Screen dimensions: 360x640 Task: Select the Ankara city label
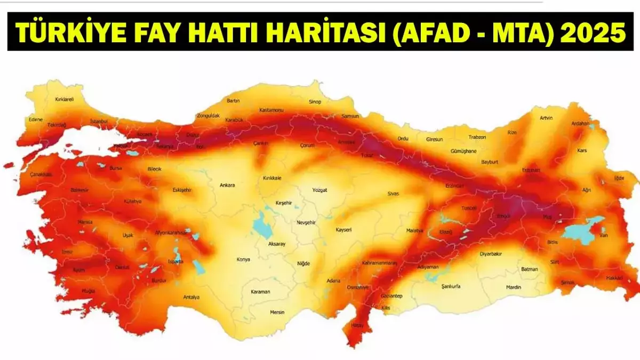pyautogui.click(x=227, y=186)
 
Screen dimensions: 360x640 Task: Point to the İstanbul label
pyautogui.click(x=99, y=122)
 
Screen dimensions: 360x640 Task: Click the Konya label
pyautogui.click(x=243, y=260)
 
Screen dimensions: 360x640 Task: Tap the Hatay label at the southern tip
pyautogui.click(x=357, y=325)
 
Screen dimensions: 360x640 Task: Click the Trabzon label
pyautogui.click(x=477, y=137)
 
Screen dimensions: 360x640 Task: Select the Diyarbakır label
pyautogui.click(x=491, y=254)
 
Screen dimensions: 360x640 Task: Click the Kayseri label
pyautogui.click(x=343, y=230)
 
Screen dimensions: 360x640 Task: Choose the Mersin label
pyautogui.click(x=277, y=312)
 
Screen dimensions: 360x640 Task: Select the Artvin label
pyautogui.click(x=546, y=118)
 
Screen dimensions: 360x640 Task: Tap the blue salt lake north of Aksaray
pyautogui.click(x=261, y=223)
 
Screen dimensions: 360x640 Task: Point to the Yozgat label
pyautogui.click(x=319, y=190)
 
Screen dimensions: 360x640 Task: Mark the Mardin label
pyautogui.click(x=514, y=287)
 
